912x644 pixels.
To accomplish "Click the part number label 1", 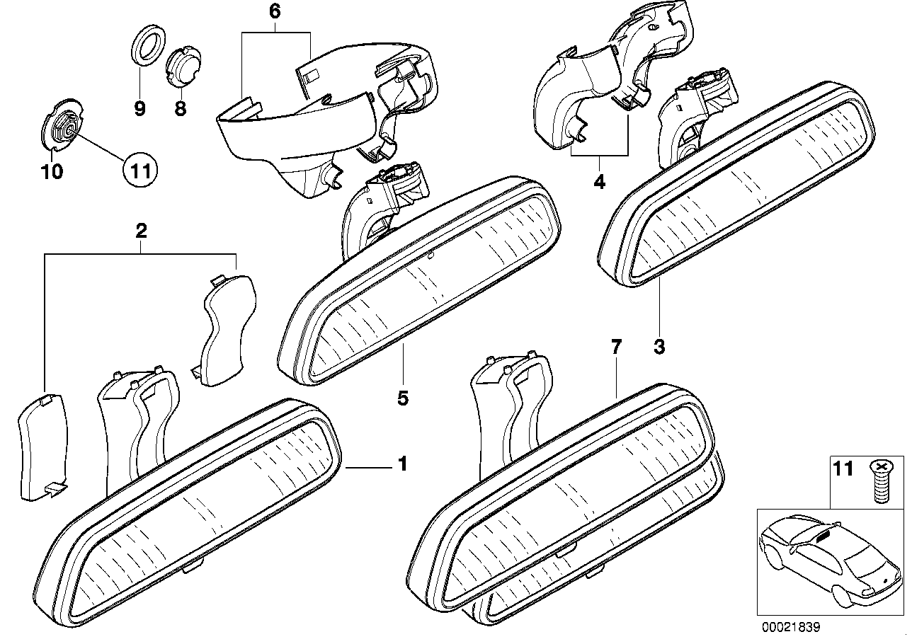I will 402,465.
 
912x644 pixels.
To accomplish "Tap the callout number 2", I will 141,230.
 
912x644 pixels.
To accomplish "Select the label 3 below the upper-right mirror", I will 659,347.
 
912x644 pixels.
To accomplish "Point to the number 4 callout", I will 600,182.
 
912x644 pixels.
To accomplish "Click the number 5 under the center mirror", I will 402,398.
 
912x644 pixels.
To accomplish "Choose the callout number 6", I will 275,11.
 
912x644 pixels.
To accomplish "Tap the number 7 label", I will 615,347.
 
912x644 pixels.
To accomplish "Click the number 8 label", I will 179,108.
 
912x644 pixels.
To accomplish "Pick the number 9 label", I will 139,108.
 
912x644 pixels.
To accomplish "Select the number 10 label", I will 53,171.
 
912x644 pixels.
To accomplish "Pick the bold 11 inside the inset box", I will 843,469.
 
